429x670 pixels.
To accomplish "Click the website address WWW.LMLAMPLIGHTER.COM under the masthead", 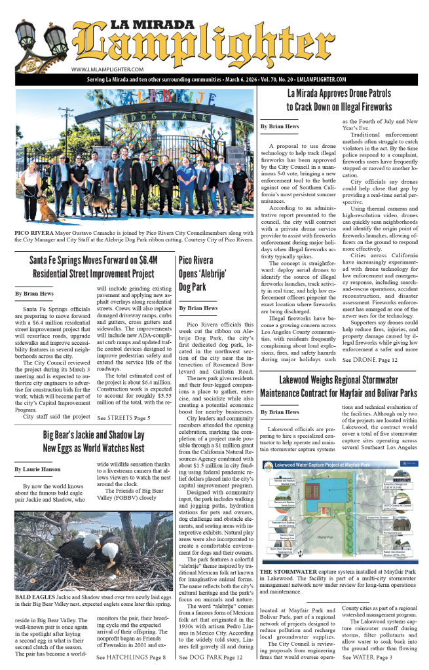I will pos(107,69).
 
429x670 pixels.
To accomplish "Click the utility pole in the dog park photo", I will pos(65,131).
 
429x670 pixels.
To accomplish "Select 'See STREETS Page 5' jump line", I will pos(124,417).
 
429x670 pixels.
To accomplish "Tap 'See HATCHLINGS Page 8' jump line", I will pos(132,657).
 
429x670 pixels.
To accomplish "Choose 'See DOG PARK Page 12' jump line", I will pos(212,657).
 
